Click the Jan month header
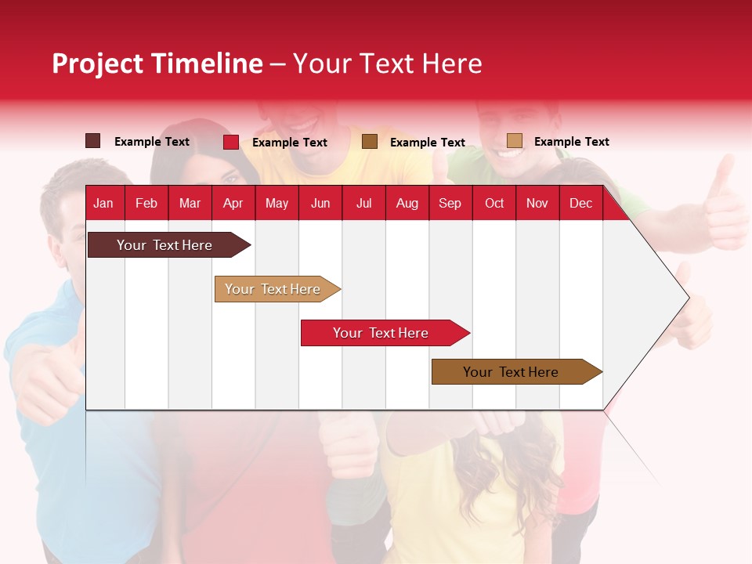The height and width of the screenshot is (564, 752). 103,204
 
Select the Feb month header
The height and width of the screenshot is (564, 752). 146,204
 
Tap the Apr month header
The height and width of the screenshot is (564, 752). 233,204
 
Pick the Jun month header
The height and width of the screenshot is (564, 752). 320,204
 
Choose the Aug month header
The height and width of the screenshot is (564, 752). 407,204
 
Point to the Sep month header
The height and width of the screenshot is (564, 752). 450,204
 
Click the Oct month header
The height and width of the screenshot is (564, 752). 494,204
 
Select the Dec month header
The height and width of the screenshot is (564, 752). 580,204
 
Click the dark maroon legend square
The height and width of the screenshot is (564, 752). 93,141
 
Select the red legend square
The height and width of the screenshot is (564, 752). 231,142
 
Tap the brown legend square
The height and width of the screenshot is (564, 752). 370,141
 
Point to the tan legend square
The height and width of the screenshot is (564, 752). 515,141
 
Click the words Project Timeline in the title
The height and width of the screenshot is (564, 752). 157,63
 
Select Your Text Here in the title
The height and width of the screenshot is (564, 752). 387,63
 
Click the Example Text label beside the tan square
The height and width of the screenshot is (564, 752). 571,142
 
